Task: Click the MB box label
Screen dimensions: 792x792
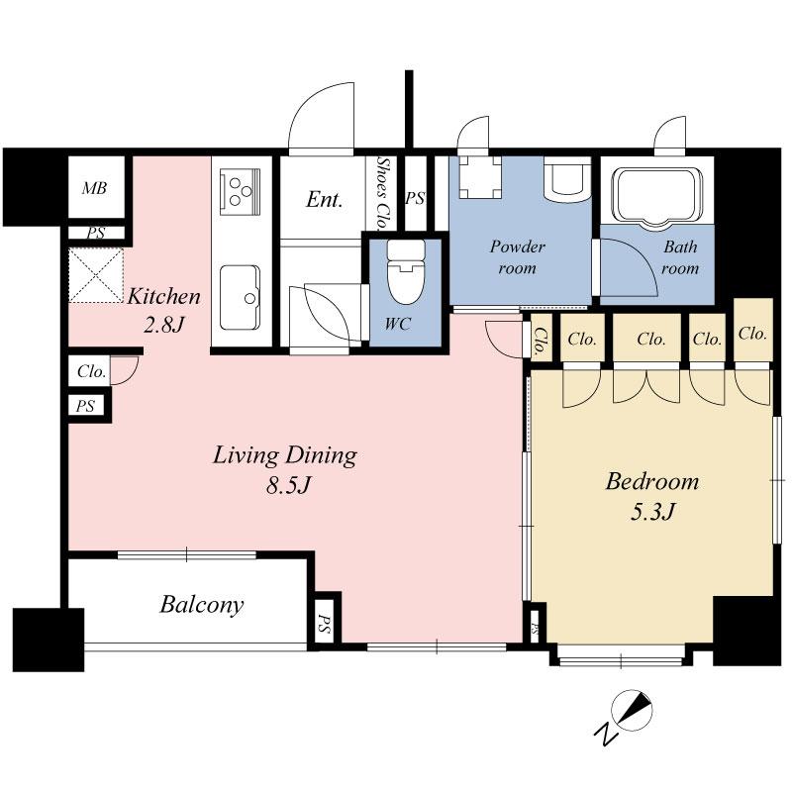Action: click(95, 189)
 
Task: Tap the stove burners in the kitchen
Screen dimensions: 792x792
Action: click(242, 189)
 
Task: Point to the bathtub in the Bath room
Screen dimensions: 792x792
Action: click(658, 193)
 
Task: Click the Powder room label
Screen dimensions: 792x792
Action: click(517, 257)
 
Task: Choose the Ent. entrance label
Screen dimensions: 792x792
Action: click(325, 199)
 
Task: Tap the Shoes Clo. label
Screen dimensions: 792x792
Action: click(382, 192)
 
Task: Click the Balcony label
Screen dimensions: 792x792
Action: click(202, 604)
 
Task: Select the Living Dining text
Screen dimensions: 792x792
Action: click(284, 455)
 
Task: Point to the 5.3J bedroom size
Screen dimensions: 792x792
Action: click(651, 512)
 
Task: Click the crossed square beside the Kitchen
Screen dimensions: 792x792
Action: click(95, 275)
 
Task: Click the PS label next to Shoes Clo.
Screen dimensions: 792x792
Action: click(416, 198)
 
